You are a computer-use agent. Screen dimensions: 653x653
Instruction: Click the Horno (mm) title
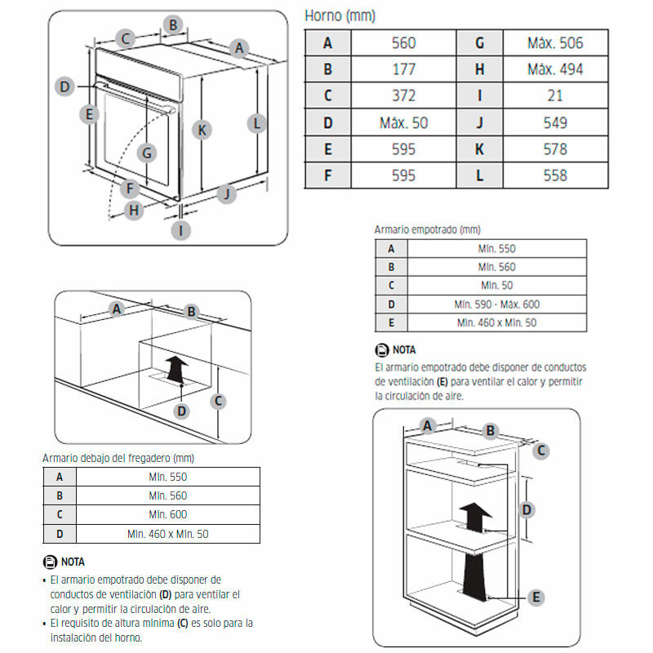(340, 16)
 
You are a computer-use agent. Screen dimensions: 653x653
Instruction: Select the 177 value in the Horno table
(403, 69)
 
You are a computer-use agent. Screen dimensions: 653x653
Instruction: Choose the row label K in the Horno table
(480, 149)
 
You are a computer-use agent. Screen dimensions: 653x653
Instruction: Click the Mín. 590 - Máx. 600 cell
(496, 304)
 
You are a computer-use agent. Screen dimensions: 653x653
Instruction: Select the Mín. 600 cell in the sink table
(167, 514)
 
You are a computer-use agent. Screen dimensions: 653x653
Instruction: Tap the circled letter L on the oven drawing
(256, 124)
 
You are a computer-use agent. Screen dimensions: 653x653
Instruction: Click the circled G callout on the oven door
(147, 152)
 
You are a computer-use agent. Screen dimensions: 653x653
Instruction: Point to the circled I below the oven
(181, 230)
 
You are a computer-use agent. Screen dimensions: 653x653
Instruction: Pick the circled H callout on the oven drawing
(135, 211)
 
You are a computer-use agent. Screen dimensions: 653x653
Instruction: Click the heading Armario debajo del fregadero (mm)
(118, 459)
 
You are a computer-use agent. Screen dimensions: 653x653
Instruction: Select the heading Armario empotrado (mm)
(427, 230)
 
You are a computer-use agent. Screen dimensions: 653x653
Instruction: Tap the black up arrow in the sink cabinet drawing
(174, 368)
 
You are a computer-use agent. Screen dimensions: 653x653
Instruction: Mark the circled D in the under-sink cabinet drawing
(183, 410)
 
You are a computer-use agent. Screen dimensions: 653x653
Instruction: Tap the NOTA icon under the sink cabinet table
(48, 562)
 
